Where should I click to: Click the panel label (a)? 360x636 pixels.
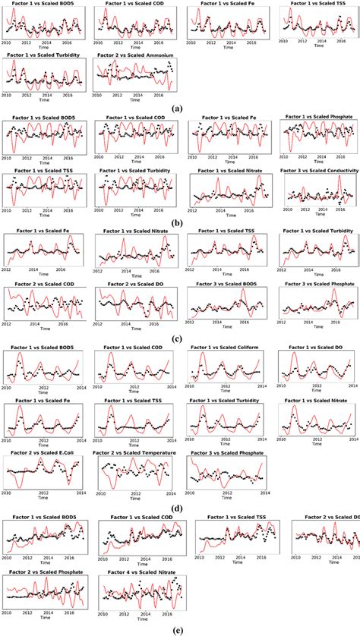pyautogui.click(x=179, y=109)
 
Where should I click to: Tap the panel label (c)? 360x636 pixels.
pyautogui.click(x=179, y=338)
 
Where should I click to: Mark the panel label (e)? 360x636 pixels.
pyautogui.click(x=179, y=630)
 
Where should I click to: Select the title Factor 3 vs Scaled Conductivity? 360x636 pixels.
pyautogui.click(x=318, y=171)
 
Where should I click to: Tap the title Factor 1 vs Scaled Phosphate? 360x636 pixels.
pyautogui.click(x=318, y=118)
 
